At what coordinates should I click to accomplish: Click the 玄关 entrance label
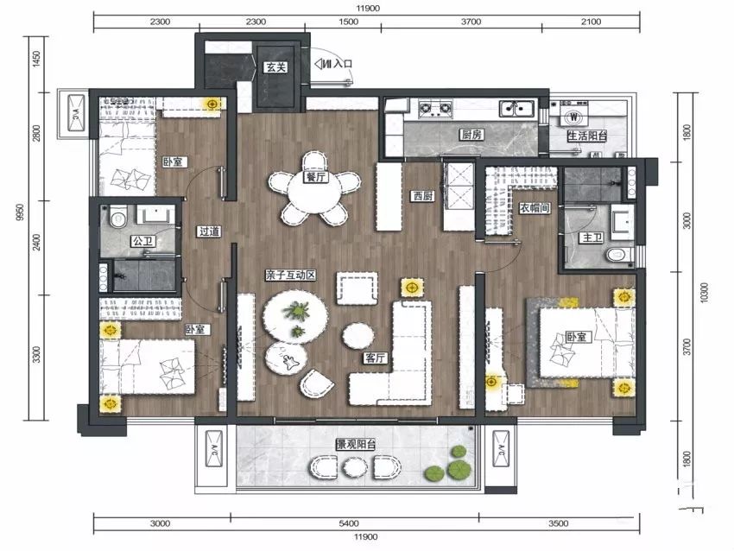[x=275, y=67]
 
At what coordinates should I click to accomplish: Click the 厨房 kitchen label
[x=471, y=135]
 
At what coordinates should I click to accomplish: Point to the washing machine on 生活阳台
[x=573, y=117]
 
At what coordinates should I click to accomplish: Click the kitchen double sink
[x=517, y=109]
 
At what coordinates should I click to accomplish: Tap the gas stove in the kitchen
[x=436, y=109]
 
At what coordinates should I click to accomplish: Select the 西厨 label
[x=423, y=196]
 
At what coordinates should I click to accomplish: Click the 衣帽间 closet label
[x=535, y=208]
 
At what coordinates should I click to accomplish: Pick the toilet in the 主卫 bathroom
[x=619, y=255]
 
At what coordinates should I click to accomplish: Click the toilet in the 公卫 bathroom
[x=117, y=217]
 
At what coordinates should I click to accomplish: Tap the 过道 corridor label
[x=209, y=231]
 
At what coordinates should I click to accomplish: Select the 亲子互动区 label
[x=290, y=275]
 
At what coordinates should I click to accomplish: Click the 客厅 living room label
[x=376, y=358]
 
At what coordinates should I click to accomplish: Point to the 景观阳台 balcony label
[x=357, y=444]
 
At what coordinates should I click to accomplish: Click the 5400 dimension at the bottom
[x=349, y=523]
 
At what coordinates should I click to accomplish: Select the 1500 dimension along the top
[x=348, y=22]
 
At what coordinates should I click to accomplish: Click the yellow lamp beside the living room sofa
[x=412, y=287]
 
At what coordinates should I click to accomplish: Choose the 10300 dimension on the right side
[x=705, y=293]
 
